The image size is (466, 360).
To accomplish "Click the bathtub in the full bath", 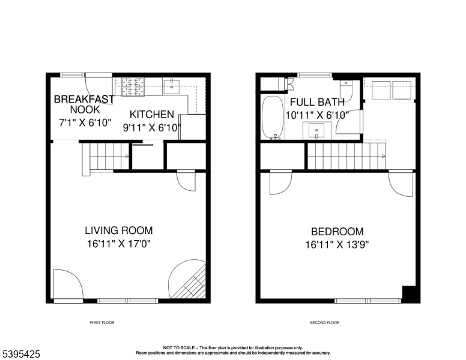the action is pos(272,118).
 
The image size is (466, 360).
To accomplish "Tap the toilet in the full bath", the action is pos(346,90).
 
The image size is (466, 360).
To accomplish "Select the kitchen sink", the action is pos(172,86).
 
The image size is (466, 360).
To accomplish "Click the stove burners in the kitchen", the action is pos(133,87).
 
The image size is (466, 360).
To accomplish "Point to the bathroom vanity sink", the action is pos(316,131).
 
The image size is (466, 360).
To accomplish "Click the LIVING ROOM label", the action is pos(119,230).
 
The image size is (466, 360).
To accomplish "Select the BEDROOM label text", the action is pos(337,232).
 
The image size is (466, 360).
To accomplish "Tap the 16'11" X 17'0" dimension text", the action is pos(119,244).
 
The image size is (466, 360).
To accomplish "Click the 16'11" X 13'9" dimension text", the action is pos(337,245).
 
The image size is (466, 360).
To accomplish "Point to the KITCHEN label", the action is pos(152,115).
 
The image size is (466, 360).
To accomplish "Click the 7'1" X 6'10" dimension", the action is pos(85,122).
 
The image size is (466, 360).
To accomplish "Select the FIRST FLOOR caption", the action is pos(102,323).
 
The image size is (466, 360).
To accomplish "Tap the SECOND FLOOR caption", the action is pos(324,323).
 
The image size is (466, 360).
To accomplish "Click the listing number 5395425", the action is pos(21,354).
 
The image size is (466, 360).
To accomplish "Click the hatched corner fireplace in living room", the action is pos(190,282).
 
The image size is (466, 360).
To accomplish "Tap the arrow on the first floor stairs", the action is pos(127,156).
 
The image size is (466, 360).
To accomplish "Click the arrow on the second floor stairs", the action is pos(384,156).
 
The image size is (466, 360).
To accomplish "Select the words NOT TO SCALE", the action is pos(179,347).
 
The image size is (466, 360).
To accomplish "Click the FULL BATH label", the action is pos(317,102).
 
